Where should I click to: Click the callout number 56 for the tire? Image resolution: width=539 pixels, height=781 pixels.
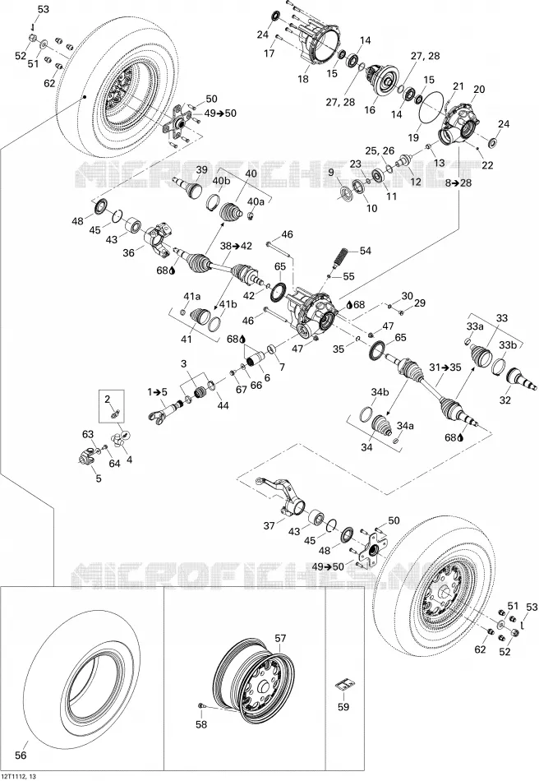21,755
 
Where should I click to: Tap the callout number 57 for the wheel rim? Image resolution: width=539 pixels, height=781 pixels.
281,638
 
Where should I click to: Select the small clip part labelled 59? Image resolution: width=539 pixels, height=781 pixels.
343,686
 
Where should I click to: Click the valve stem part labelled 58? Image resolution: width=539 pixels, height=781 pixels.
200,705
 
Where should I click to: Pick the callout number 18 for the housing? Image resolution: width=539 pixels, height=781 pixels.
302,79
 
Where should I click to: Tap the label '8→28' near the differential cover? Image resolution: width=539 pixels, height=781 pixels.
458,183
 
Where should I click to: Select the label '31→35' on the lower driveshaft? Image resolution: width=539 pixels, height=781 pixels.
445,367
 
